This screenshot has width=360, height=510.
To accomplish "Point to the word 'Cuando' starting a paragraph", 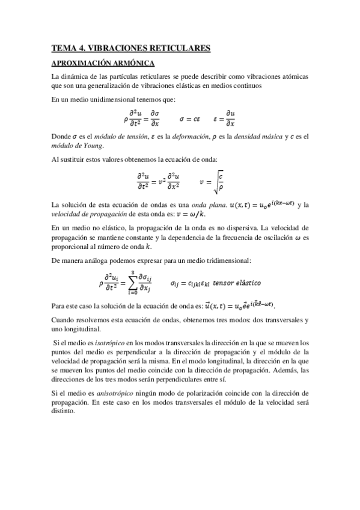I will (63, 320).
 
